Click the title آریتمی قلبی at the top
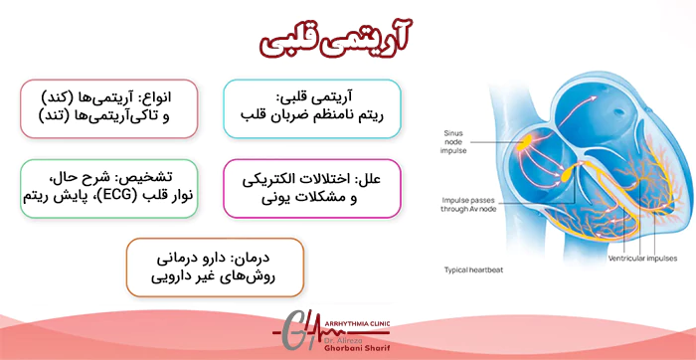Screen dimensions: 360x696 pos(345,38)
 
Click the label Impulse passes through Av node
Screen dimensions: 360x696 pos(471,205)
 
